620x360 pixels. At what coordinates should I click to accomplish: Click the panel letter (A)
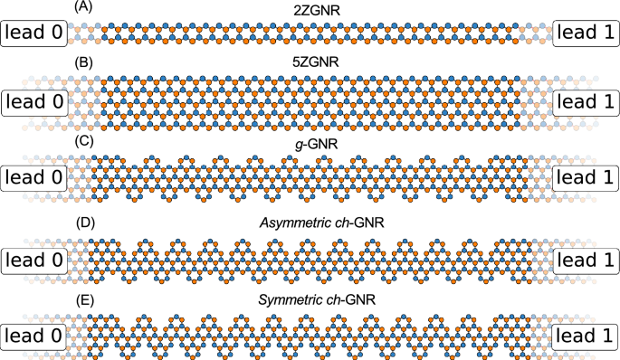[x=81, y=8]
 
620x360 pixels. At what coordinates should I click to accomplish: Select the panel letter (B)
[x=81, y=64]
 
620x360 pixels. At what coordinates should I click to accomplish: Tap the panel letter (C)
[x=81, y=138]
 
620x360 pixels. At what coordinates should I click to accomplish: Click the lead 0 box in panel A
[x=34, y=35]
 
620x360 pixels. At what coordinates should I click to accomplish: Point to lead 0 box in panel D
[x=34, y=259]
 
